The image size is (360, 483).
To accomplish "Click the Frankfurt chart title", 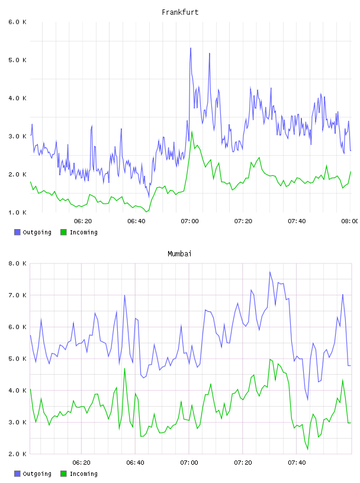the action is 180,12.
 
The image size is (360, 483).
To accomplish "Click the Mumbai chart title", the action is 179,254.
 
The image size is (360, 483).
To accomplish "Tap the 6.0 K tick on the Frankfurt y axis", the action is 17,22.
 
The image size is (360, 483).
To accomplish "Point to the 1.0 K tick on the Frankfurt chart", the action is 17,212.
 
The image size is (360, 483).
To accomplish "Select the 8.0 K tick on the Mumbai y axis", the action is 17,263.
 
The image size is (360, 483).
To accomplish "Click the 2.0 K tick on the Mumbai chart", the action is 17,454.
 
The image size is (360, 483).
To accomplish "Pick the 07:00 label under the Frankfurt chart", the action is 189,221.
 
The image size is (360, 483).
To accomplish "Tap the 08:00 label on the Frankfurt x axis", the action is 350,221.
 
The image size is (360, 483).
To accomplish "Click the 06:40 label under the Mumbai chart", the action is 135,463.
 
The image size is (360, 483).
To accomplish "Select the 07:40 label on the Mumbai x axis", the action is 297,463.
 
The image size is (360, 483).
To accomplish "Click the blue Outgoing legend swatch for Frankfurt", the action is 17,232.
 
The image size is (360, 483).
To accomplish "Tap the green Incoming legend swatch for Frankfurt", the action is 63,232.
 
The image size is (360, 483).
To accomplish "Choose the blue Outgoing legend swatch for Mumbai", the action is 17,474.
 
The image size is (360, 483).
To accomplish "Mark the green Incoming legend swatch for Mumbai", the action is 63,474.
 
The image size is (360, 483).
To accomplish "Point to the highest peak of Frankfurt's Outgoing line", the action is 191,48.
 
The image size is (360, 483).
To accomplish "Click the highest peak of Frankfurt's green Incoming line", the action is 192,132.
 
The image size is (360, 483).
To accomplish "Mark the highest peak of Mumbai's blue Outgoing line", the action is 269,272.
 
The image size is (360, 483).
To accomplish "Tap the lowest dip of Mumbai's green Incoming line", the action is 308,449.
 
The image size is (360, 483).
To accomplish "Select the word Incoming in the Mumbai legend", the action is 83,474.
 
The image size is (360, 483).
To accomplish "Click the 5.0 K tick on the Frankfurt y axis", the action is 17,60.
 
